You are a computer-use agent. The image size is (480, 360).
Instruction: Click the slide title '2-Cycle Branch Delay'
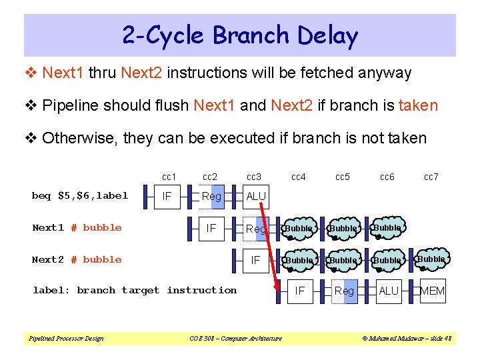pos(240,35)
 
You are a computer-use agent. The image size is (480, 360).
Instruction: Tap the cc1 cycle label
pos(169,177)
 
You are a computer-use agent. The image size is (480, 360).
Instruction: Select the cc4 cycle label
pos(299,177)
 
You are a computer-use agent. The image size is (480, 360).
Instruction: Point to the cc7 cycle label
pos(431,177)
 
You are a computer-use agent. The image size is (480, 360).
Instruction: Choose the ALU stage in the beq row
pos(256,197)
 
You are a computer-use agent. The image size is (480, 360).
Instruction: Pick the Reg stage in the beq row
pos(211,196)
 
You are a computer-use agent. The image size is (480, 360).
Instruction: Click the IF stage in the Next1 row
pos(211,228)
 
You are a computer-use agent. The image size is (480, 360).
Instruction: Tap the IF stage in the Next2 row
pos(255,259)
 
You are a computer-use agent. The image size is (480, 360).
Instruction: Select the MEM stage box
pos(433,291)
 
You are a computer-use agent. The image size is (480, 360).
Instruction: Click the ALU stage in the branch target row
pos(388,291)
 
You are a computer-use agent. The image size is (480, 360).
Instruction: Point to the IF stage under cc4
pos(300,291)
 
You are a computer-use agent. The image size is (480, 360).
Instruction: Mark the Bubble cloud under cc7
pos(431,259)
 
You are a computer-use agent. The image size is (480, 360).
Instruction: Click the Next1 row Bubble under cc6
pos(387,228)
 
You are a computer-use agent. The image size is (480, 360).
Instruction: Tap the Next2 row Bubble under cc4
pos(299,260)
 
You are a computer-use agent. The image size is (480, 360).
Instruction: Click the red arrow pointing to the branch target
pos(269,250)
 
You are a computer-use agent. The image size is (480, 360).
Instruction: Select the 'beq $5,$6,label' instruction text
pos(80,195)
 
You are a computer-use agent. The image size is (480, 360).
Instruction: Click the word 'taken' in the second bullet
pos(418,105)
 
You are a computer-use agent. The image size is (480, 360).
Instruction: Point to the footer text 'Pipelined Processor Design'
pos(66,339)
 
